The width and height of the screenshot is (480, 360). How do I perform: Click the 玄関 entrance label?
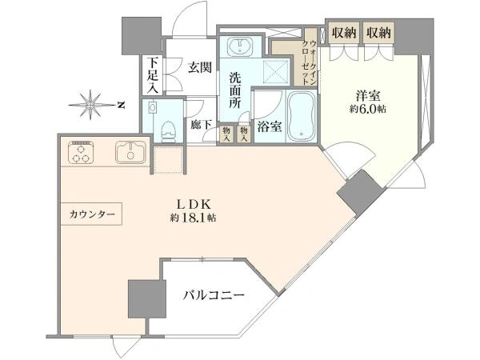coord(199,67)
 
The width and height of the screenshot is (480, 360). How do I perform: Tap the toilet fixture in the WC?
coord(166,132)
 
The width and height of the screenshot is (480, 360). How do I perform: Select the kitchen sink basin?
coord(130,152)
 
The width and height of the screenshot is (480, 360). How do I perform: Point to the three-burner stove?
coord(82,151)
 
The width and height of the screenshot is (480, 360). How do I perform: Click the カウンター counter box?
coord(91,214)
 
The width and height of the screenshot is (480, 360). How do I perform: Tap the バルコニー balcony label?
coord(214,295)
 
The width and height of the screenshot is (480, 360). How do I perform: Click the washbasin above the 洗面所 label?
coord(240,47)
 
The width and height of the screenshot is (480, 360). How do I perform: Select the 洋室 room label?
coord(368,96)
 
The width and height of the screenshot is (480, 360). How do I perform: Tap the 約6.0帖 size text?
coord(368,110)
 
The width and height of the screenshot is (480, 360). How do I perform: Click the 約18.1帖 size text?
coord(194,218)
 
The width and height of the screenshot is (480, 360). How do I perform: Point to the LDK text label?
coord(194,204)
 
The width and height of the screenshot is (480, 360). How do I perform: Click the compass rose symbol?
coord(90,105)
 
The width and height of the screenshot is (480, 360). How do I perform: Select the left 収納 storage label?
coord(344,33)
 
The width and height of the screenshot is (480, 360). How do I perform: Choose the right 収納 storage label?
coord(379,33)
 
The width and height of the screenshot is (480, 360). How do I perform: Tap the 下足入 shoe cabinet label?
coord(152,76)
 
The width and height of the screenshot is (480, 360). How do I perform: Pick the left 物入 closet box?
coord(226,134)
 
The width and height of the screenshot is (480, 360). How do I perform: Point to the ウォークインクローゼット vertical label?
coord(309,62)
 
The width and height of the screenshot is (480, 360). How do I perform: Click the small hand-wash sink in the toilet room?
coord(152,108)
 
